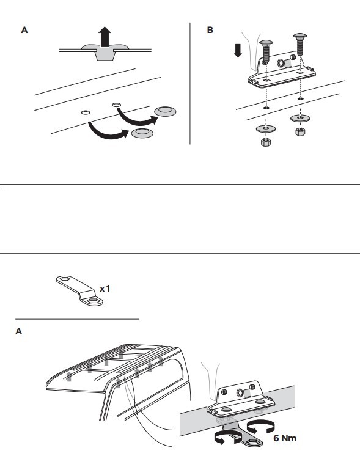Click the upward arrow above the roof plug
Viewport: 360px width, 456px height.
coord(105,37)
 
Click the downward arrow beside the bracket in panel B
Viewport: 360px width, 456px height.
coord(238,50)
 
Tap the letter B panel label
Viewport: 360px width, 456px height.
coord(210,30)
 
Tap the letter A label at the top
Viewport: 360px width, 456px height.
coord(24,30)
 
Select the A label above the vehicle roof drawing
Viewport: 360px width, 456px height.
coord(18,331)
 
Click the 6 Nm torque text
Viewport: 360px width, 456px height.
coord(285,438)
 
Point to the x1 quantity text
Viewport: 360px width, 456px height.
coord(105,289)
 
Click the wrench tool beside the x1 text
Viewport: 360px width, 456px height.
coord(79,290)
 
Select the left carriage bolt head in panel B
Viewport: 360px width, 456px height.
coord(266,42)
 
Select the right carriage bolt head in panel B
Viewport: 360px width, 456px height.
coord(300,36)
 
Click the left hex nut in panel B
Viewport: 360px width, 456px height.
coord(266,142)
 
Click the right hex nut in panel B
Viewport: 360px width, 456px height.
coord(300,131)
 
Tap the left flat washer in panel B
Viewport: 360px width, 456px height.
coord(266,128)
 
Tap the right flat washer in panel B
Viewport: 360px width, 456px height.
coord(300,118)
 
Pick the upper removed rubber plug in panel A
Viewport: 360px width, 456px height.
coord(165,111)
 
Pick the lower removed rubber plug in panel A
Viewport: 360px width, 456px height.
coord(142,132)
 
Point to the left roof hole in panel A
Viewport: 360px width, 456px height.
coord(86,112)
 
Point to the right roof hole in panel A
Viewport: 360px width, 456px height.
coord(116,105)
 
